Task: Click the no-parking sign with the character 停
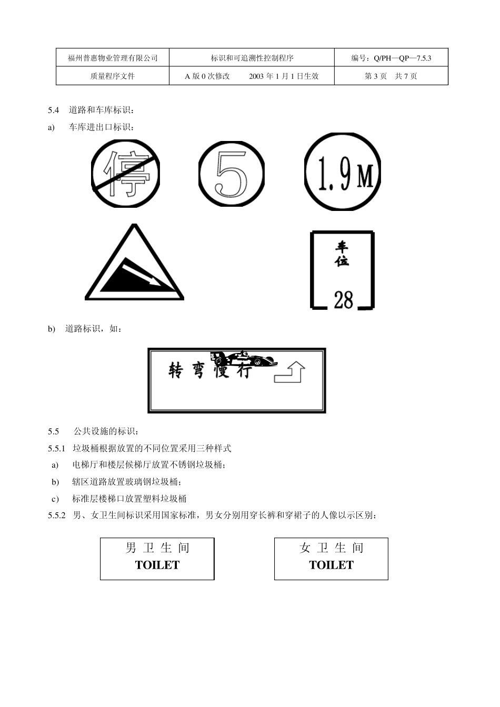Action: [x=120, y=174]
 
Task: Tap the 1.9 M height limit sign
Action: [x=342, y=174]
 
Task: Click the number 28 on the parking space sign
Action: [x=343, y=300]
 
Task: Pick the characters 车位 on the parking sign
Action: [x=342, y=254]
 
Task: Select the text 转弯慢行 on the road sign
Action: [x=209, y=371]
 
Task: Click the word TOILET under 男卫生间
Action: [x=157, y=565]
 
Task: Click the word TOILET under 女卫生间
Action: [x=331, y=565]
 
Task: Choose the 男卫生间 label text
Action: [x=157, y=548]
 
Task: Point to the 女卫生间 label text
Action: [x=331, y=548]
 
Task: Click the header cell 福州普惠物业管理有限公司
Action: [x=113, y=58]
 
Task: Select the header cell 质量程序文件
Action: [x=113, y=76]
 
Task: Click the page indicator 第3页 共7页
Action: [x=391, y=76]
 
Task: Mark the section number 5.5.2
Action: [x=56, y=516]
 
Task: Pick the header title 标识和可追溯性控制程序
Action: [x=252, y=58]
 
